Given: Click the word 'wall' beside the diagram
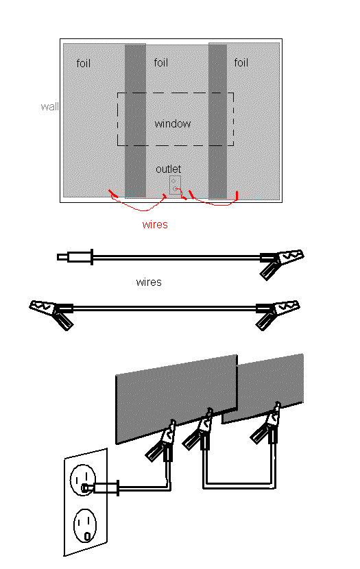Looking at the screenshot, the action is pyautogui.click(x=50, y=107).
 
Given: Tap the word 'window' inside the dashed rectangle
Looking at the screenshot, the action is pyautogui.click(x=172, y=124).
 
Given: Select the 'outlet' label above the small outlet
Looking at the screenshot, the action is pyautogui.click(x=168, y=169).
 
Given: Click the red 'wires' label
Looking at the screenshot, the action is pyautogui.click(x=155, y=224).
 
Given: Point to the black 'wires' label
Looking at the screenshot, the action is pyautogui.click(x=149, y=282).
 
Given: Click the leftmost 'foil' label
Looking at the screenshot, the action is pyautogui.click(x=83, y=63).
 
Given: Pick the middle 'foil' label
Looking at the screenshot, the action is pyautogui.click(x=160, y=62).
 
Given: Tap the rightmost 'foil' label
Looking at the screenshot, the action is pyautogui.click(x=241, y=62).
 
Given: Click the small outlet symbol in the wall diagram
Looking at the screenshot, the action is pyautogui.click(x=175, y=184).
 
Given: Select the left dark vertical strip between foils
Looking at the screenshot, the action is pyautogui.click(x=135, y=121).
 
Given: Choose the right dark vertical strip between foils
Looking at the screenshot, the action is pyautogui.click(x=218, y=121).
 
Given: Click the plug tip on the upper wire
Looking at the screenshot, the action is pyautogui.click(x=62, y=257).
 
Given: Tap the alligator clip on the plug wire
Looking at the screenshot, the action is pyautogui.click(x=282, y=263).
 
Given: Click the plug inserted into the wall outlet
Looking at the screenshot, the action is pyautogui.click(x=101, y=487).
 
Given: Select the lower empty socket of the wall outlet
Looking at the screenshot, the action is pyautogui.click(x=85, y=525).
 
